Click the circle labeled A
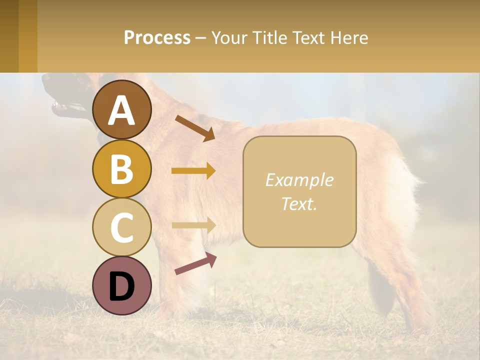pos(121,110)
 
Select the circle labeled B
pos(121,169)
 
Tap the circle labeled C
pos(121,227)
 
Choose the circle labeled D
pos(121,285)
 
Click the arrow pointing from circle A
pos(195,128)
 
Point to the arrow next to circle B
pos(193,171)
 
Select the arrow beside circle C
pos(193,225)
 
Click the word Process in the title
pos(157,37)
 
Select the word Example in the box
pos(299,180)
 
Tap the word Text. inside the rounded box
pos(299,203)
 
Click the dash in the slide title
pos(201,38)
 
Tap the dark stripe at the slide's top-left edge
pos(9,36)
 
